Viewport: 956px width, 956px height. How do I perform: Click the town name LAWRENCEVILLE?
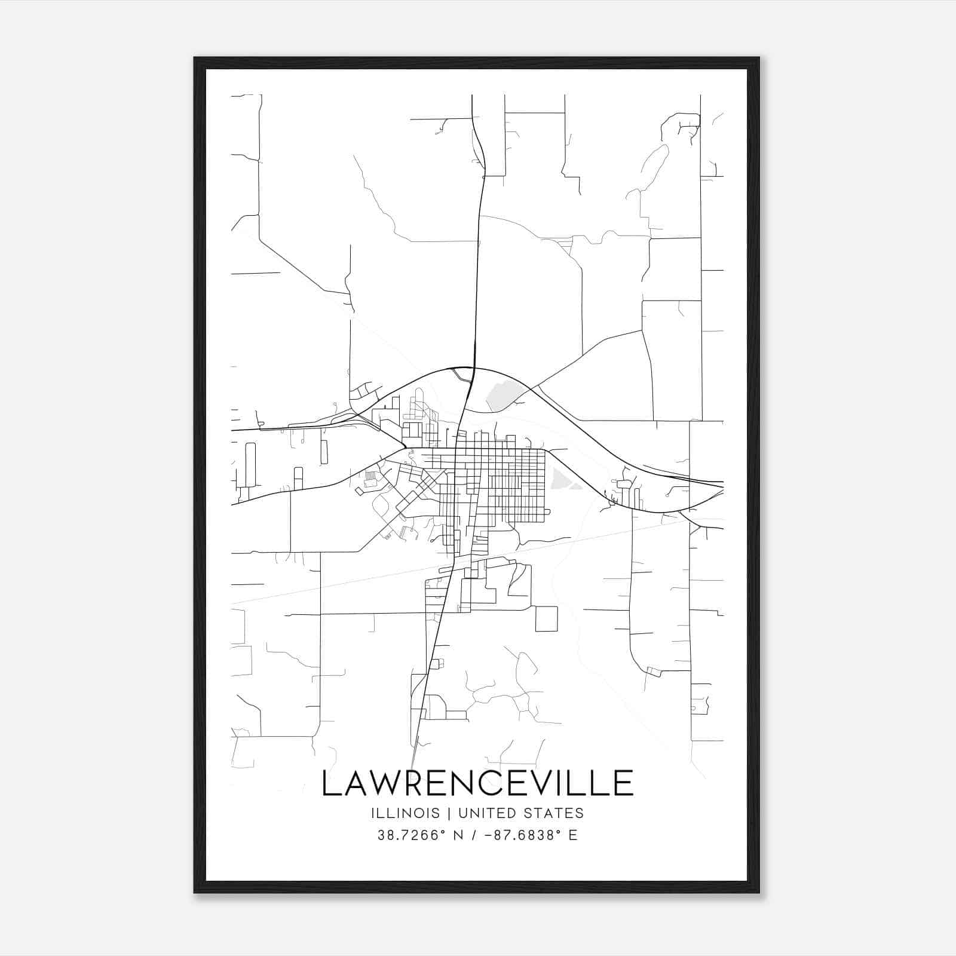tap(477, 783)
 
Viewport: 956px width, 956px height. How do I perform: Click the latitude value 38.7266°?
tap(412, 835)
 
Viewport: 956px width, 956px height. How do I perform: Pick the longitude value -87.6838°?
tap(520, 835)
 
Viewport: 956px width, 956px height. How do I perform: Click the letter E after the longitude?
tap(573, 835)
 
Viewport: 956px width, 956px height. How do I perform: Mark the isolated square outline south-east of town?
tap(546, 618)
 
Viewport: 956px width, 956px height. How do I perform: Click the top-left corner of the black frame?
tap(195, 58)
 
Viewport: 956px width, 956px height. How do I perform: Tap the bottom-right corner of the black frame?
tap(759, 892)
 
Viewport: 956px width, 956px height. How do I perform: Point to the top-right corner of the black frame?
tap(759, 58)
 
